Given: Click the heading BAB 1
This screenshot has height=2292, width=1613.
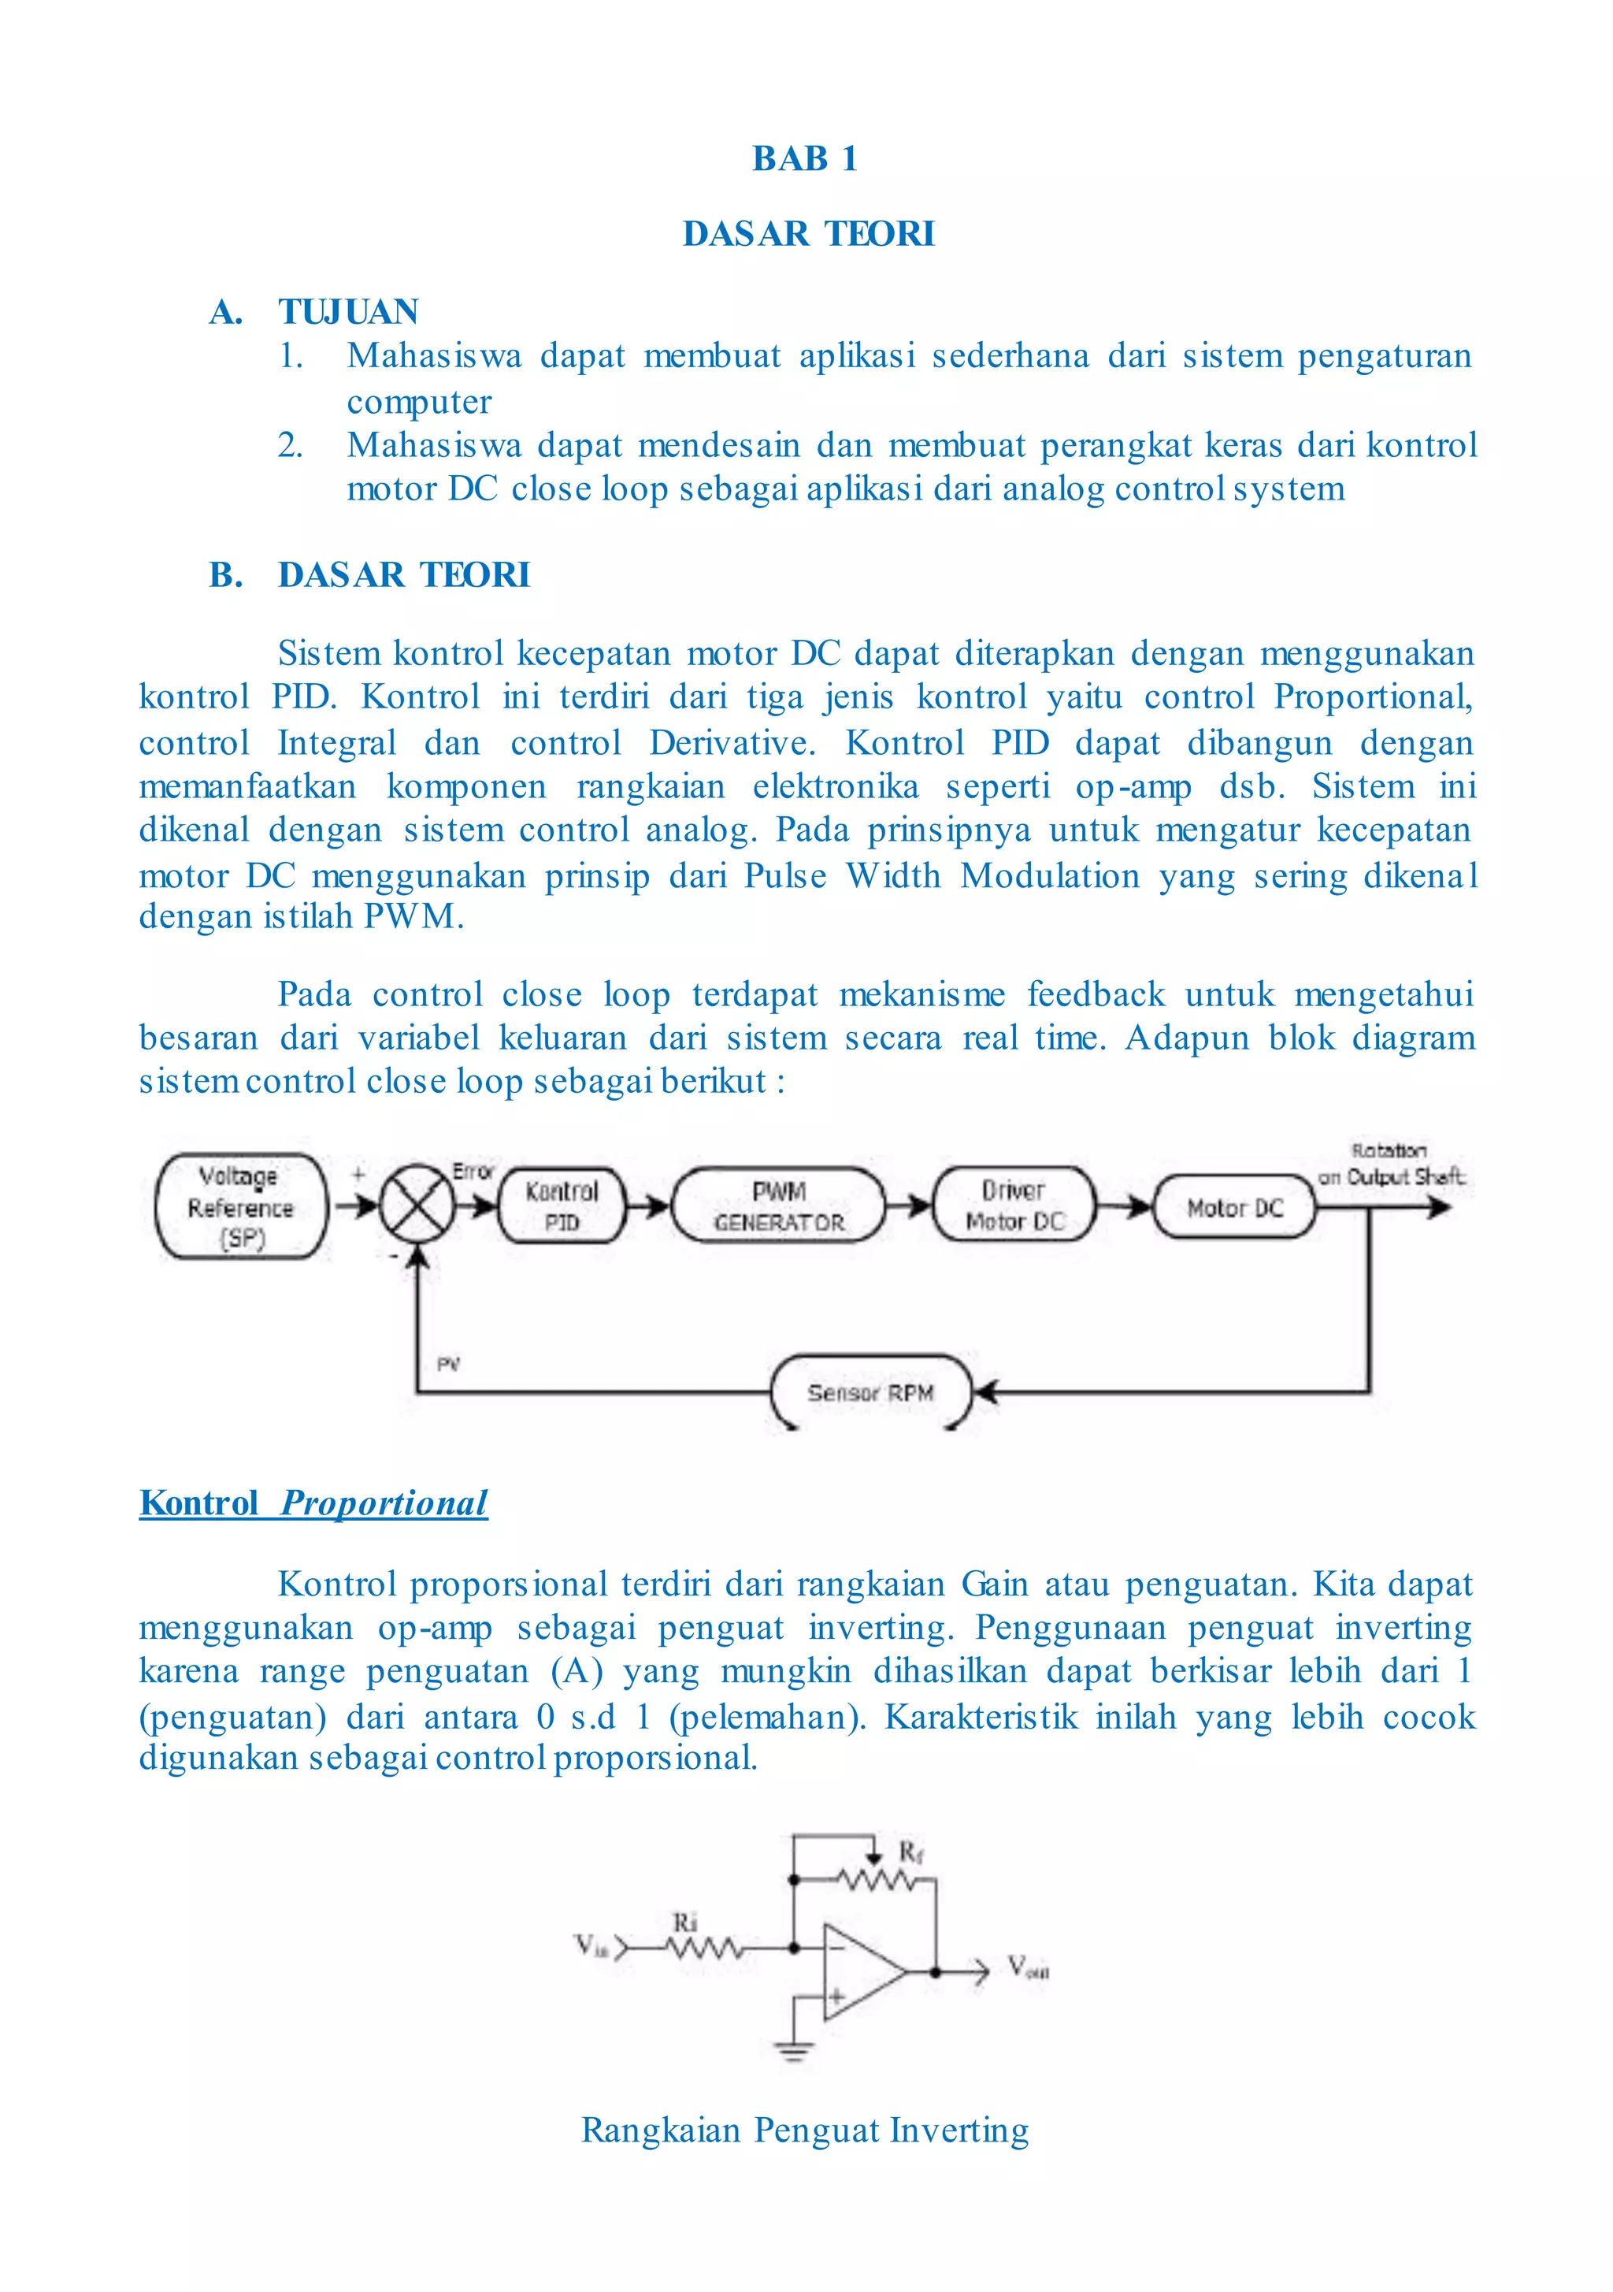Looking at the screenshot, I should (804, 158).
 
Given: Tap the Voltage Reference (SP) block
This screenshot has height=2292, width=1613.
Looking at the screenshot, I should (242, 1206).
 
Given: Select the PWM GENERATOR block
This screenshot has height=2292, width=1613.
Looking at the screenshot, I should (779, 1206).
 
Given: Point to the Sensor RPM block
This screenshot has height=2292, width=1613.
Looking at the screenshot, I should (870, 1392).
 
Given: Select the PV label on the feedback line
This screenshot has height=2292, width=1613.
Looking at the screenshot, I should (448, 1364).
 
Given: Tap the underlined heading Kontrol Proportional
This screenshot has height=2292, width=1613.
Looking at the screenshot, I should (313, 1503).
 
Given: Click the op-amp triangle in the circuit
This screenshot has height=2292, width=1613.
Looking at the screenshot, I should (860, 1971).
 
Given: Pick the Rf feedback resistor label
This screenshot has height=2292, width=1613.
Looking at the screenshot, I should (910, 1853).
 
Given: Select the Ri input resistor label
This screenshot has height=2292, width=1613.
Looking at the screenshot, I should (684, 1921).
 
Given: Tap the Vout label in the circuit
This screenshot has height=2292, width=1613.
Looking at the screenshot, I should (1027, 1967).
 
